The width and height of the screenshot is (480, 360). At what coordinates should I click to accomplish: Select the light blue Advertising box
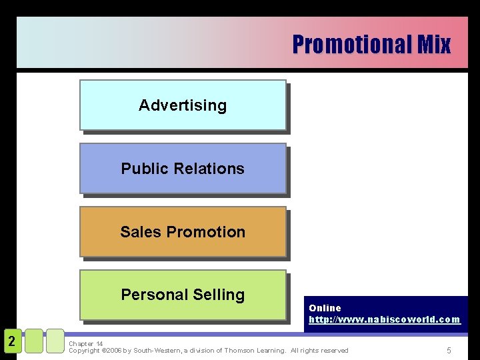[x=183, y=105]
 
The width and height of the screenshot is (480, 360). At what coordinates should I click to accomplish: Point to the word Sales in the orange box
[x=141, y=232]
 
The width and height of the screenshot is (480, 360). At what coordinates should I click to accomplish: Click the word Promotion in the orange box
[x=206, y=232]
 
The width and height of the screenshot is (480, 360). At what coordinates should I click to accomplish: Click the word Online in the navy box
[x=325, y=308]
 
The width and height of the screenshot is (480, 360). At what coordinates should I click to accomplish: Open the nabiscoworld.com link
[x=384, y=319]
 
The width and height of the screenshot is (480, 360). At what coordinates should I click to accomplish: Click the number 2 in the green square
[x=11, y=341]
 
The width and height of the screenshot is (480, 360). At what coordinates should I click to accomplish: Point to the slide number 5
[x=449, y=351]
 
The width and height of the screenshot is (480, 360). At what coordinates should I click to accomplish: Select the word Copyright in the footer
[x=84, y=351]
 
